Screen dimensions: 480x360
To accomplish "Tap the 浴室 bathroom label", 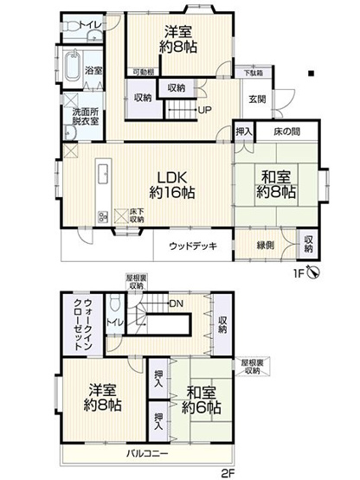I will click(93, 70).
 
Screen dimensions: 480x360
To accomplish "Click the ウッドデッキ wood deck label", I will click(193, 246).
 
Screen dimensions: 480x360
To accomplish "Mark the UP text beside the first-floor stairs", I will click(205, 110).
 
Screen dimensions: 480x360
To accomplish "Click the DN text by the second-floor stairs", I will click(176, 304).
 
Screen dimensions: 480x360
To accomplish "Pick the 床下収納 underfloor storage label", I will click(137, 215).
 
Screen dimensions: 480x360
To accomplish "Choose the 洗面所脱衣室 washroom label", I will click(84, 117).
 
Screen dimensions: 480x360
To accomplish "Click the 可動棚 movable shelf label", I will click(143, 73).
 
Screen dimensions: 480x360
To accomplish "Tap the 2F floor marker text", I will click(228, 472).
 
